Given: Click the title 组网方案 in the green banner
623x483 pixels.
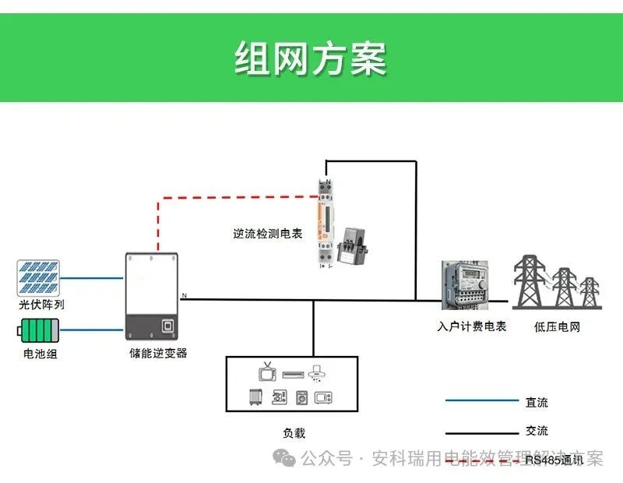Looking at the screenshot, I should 311,58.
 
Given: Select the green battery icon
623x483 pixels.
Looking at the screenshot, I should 39,330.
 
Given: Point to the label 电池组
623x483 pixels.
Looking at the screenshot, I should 40,354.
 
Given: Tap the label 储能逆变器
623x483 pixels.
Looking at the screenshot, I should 158,353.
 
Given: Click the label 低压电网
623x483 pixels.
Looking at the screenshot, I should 557,326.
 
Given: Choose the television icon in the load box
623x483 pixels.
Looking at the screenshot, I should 266,372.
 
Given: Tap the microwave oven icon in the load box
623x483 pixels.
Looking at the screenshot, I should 323,398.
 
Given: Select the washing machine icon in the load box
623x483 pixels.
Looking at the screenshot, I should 301,398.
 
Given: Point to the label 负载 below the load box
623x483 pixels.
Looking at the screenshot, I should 294,433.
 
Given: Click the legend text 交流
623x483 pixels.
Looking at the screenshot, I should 537,431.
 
